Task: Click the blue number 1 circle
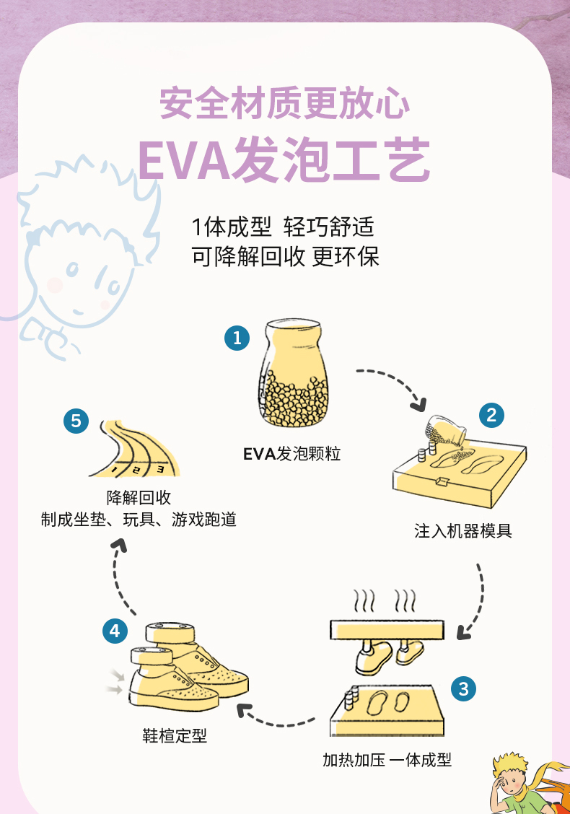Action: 237,337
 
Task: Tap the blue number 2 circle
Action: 491,414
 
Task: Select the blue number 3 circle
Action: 463,688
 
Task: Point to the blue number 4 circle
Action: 115,631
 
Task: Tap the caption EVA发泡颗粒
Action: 291,454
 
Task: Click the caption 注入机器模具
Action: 463,531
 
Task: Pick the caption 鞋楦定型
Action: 175,735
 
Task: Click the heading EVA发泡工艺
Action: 284,160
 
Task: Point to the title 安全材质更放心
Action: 284,103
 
